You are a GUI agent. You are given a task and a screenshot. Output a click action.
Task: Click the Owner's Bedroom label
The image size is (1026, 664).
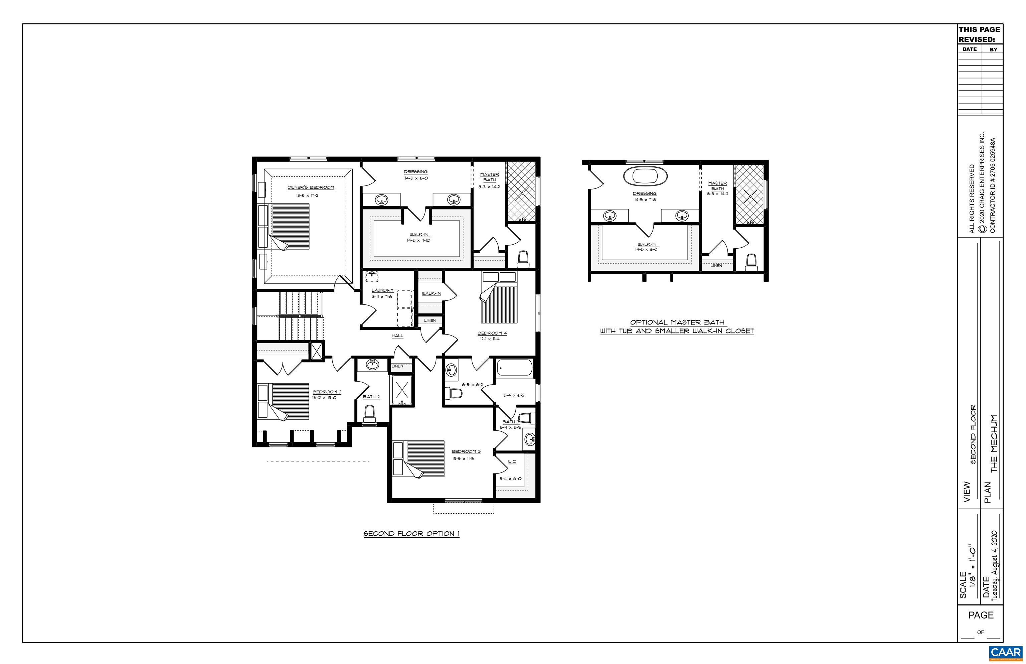click(x=311, y=187)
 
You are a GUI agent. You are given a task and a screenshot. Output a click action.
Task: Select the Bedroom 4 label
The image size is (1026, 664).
click(x=492, y=333)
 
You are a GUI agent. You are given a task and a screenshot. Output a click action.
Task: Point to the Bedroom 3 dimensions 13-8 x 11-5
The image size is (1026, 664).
click(x=463, y=458)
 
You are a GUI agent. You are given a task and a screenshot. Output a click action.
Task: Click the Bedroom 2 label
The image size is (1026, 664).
click(x=327, y=392)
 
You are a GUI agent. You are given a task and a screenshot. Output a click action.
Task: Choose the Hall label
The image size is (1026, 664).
click(x=397, y=336)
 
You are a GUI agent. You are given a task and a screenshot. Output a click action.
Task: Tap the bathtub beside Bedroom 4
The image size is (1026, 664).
click(x=515, y=369)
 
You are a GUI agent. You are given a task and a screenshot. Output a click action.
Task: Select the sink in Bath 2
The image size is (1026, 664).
click(x=371, y=365)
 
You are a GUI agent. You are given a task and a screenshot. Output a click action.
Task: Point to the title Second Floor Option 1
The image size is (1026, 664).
click(x=411, y=534)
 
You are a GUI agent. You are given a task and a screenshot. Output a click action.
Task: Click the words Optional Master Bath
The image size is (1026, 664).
click(x=677, y=322)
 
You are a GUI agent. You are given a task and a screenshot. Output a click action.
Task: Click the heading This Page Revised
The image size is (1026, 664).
click(x=979, y=34)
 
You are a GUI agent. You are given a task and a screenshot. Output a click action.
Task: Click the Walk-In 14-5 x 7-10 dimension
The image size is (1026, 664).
click(x=418, y=240)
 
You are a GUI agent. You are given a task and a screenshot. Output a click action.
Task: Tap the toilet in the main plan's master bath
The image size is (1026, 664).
click(x=523, y=259)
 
